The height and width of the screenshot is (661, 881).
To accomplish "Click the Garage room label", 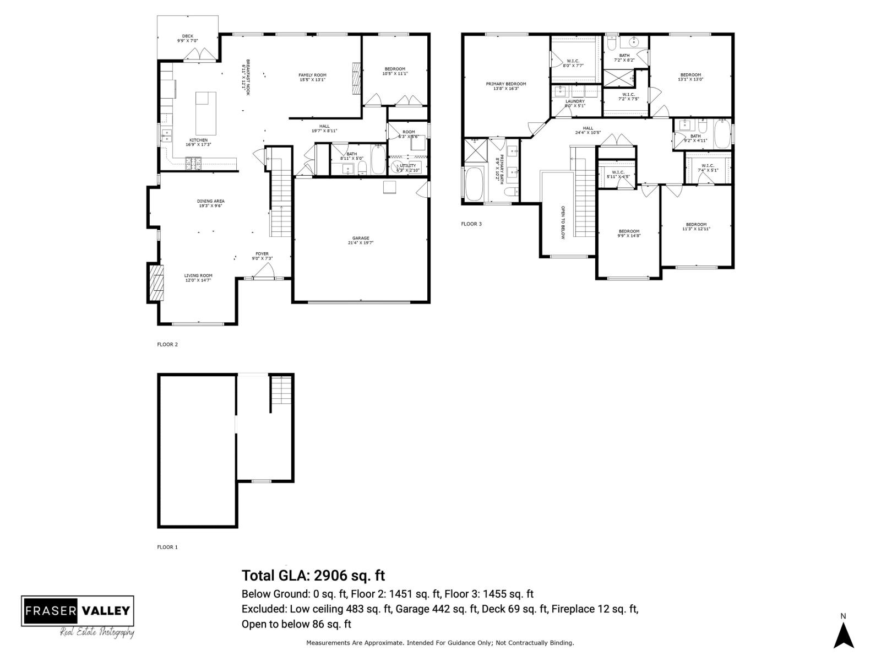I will pyautogui.click(x=361, y=240).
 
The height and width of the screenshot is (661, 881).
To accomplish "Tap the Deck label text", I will pyautogui.click(x=187, y=39).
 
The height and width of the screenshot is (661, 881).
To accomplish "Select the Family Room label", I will pyautogui.click(x=312, y=77).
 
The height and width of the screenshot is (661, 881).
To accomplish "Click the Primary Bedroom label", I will pyautogui.click(x=505, y=86).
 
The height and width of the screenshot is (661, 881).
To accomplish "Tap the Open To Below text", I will pyautogui.click(x=563, y=222).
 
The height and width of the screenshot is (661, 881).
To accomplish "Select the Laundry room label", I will pyautogui.click(x=574, y=104).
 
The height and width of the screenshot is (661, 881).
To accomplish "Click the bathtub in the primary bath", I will pyautogui.click(x=474, y=185).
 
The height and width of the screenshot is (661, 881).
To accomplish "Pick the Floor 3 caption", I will pyautogui.click(x=471, y=224).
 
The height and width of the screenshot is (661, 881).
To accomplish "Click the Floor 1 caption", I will pyautogui.click(x=167, y=547).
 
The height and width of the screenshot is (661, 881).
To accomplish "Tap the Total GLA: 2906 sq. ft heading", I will pyautogui.click(x=313, y=576).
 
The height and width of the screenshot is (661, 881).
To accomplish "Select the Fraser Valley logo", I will pyautogui.click(x=78, y=616).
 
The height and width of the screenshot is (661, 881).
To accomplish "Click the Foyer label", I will pyautogui.click(x=262, y=256).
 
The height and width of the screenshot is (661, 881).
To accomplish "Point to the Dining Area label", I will pyautogui.click(x=211, y=203).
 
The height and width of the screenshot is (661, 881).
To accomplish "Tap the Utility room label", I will pyautogui.click(x=408, y=167).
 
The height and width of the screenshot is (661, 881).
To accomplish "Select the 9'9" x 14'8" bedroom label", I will pyautogui.click(x=628, y=233).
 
